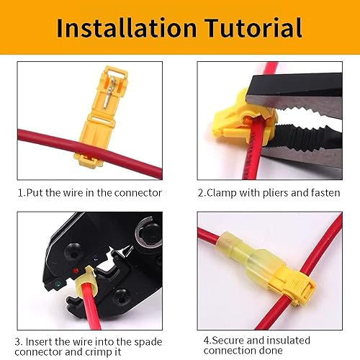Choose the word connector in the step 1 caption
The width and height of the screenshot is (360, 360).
tap(137, 192)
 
